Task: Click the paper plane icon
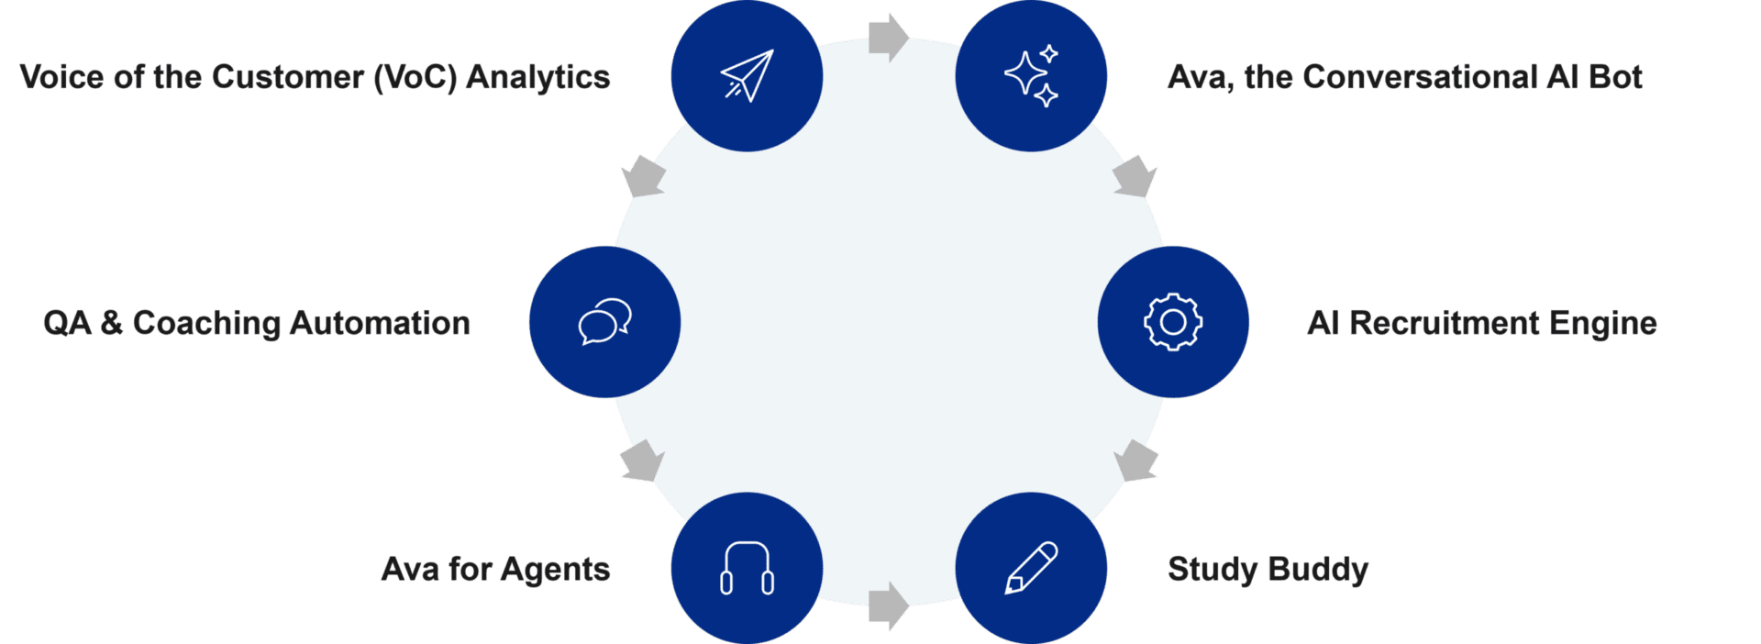click(x=747, y=75)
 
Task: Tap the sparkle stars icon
click(x=1031, y=75)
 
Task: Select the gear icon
click(x=1173, y=322)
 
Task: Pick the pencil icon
click(x=1031, y=569)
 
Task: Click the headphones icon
click(x=747, y=569)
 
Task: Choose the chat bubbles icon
click(x=604, y=322)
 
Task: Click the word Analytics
click(x=537, y=77)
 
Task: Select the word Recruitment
click(x=1445, y=323)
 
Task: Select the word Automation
click(x=380, y=323)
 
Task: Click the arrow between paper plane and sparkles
click(x=888, y=38)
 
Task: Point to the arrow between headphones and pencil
click(x=888, y=606)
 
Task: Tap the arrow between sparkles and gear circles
click(x=1135, y=176)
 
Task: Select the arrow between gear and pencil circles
click(x=1135, y=461)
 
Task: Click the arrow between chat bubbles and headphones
click(x=642, y=461)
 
